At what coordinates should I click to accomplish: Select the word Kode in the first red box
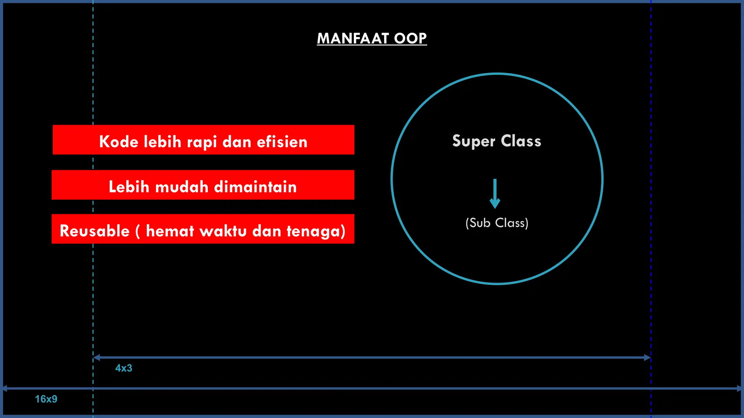[x=118, y=142]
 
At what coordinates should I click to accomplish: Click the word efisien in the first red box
[x=282, y=142]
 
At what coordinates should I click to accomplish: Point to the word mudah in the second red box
[x=182, y=187]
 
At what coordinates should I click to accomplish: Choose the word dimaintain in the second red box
[x=255, y=187]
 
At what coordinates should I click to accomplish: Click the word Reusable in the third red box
[x=94, y=231]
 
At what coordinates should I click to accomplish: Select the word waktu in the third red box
[x=223, y=231]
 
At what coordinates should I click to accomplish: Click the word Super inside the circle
[x=474, y=141]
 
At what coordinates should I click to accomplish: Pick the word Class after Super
[x=521, y=141]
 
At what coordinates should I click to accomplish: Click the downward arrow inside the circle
[x=495, y=194]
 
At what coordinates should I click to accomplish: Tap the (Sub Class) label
[x=497, y=223]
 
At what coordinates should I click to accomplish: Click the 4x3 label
[x=124, y=368]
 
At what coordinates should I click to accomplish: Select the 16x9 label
[x=46, y=399]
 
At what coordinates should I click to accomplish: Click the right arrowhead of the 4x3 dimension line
[x=647, y=357]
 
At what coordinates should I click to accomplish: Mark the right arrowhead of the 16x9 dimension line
[x=739, y=388]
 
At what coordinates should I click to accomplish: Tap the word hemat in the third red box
[x=170, y=231]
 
